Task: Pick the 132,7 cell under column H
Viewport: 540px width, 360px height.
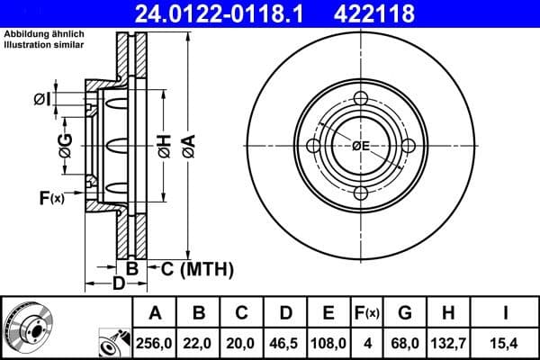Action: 449,342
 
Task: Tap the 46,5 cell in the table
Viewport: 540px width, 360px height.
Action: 285,342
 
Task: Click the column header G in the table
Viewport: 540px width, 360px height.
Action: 406,313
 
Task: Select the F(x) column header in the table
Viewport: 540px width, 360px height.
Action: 367,313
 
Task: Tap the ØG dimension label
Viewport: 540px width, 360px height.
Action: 66,143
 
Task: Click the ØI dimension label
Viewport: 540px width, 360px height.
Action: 43,98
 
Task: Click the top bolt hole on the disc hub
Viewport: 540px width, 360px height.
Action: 361,99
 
